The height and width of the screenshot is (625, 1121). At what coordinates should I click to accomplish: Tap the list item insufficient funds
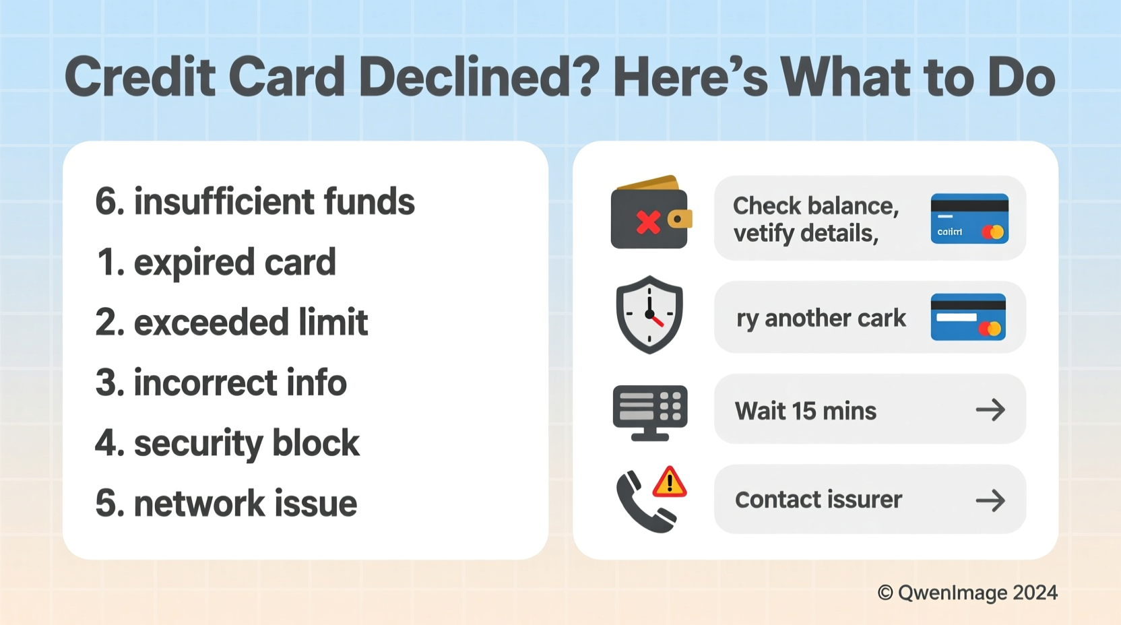(255, 201)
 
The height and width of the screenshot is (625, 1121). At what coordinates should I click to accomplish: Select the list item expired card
(216, 262)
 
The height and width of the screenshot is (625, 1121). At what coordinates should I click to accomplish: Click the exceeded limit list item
(232, 322)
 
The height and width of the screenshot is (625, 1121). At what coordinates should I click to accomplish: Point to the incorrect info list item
(221, 383)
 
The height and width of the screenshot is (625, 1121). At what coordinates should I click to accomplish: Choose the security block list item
(227, 443)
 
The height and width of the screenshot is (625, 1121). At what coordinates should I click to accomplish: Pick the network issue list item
(226, 503)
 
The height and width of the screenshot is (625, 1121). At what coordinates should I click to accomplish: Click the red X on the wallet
(648, 222)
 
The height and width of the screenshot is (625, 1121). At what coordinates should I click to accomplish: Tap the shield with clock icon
(649, 315)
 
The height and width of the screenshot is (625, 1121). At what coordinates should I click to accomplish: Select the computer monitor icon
(649, 412)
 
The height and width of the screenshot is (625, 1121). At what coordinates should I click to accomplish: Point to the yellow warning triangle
(670, 483)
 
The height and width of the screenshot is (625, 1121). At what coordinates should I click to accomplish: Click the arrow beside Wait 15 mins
(990, 409)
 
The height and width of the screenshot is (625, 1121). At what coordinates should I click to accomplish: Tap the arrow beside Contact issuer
(990, 500)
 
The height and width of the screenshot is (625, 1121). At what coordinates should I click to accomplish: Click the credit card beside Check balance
(969, 218)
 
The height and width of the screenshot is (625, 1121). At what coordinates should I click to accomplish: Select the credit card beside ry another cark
(968, 317)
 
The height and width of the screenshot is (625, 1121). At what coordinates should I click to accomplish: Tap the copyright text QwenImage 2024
(967, 593)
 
